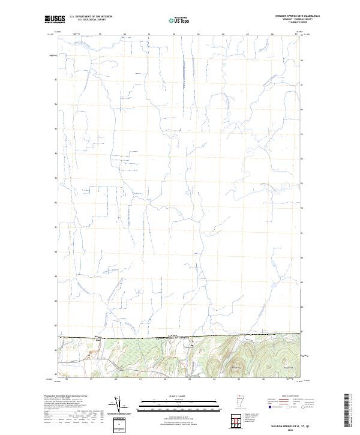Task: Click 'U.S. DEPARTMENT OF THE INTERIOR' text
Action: tap(91, 16)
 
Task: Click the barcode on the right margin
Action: tap(346, 412)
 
